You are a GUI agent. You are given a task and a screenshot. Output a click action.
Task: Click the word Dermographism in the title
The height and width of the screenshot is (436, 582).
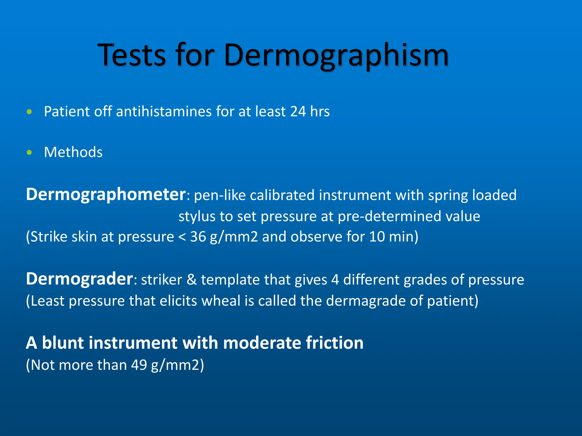click(336, 55)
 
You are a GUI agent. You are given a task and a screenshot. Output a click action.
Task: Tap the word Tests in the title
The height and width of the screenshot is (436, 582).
click(132, 55)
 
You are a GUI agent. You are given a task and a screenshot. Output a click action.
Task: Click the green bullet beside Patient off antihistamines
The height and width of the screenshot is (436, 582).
click(29, 112)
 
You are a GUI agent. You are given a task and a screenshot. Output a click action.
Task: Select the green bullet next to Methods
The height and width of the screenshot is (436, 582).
click(29, 152)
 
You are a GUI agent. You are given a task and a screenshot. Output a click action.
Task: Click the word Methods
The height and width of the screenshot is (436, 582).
click(73, 152)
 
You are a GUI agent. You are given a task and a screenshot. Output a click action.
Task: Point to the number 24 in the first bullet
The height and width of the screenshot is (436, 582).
click(298, 111)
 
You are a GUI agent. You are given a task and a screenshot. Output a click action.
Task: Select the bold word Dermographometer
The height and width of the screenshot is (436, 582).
click(106, 195)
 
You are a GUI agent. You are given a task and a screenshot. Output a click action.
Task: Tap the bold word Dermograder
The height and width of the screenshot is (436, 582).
click(79, 279)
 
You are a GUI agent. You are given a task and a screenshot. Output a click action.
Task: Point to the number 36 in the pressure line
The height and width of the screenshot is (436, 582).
click(198, 237)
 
